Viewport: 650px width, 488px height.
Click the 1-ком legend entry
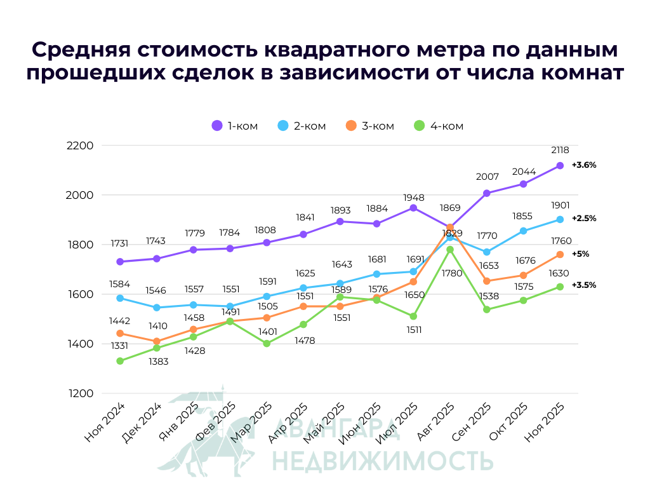(235, 126)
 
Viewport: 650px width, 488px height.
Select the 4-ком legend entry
(439, 126)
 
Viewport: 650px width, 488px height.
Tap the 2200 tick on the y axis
(80, 146)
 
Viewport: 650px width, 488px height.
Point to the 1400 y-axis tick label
(80, 344)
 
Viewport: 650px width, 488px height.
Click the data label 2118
(560, 150)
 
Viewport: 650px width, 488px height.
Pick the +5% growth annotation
(580, 254)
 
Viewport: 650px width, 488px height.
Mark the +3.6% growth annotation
(584, 165)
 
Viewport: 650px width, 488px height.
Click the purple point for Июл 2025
(413, 208)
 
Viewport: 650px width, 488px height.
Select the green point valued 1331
(120, 361)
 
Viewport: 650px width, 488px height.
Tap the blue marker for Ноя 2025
(560, 220)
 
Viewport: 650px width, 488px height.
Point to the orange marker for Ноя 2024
(120, 334)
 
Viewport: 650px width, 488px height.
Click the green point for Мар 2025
(267, 344)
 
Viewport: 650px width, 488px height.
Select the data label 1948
(413, 198)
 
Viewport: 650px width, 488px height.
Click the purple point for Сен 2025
(487, 193)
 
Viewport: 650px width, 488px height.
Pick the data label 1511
(413, 330)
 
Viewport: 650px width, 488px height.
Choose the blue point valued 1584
(120, 298)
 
